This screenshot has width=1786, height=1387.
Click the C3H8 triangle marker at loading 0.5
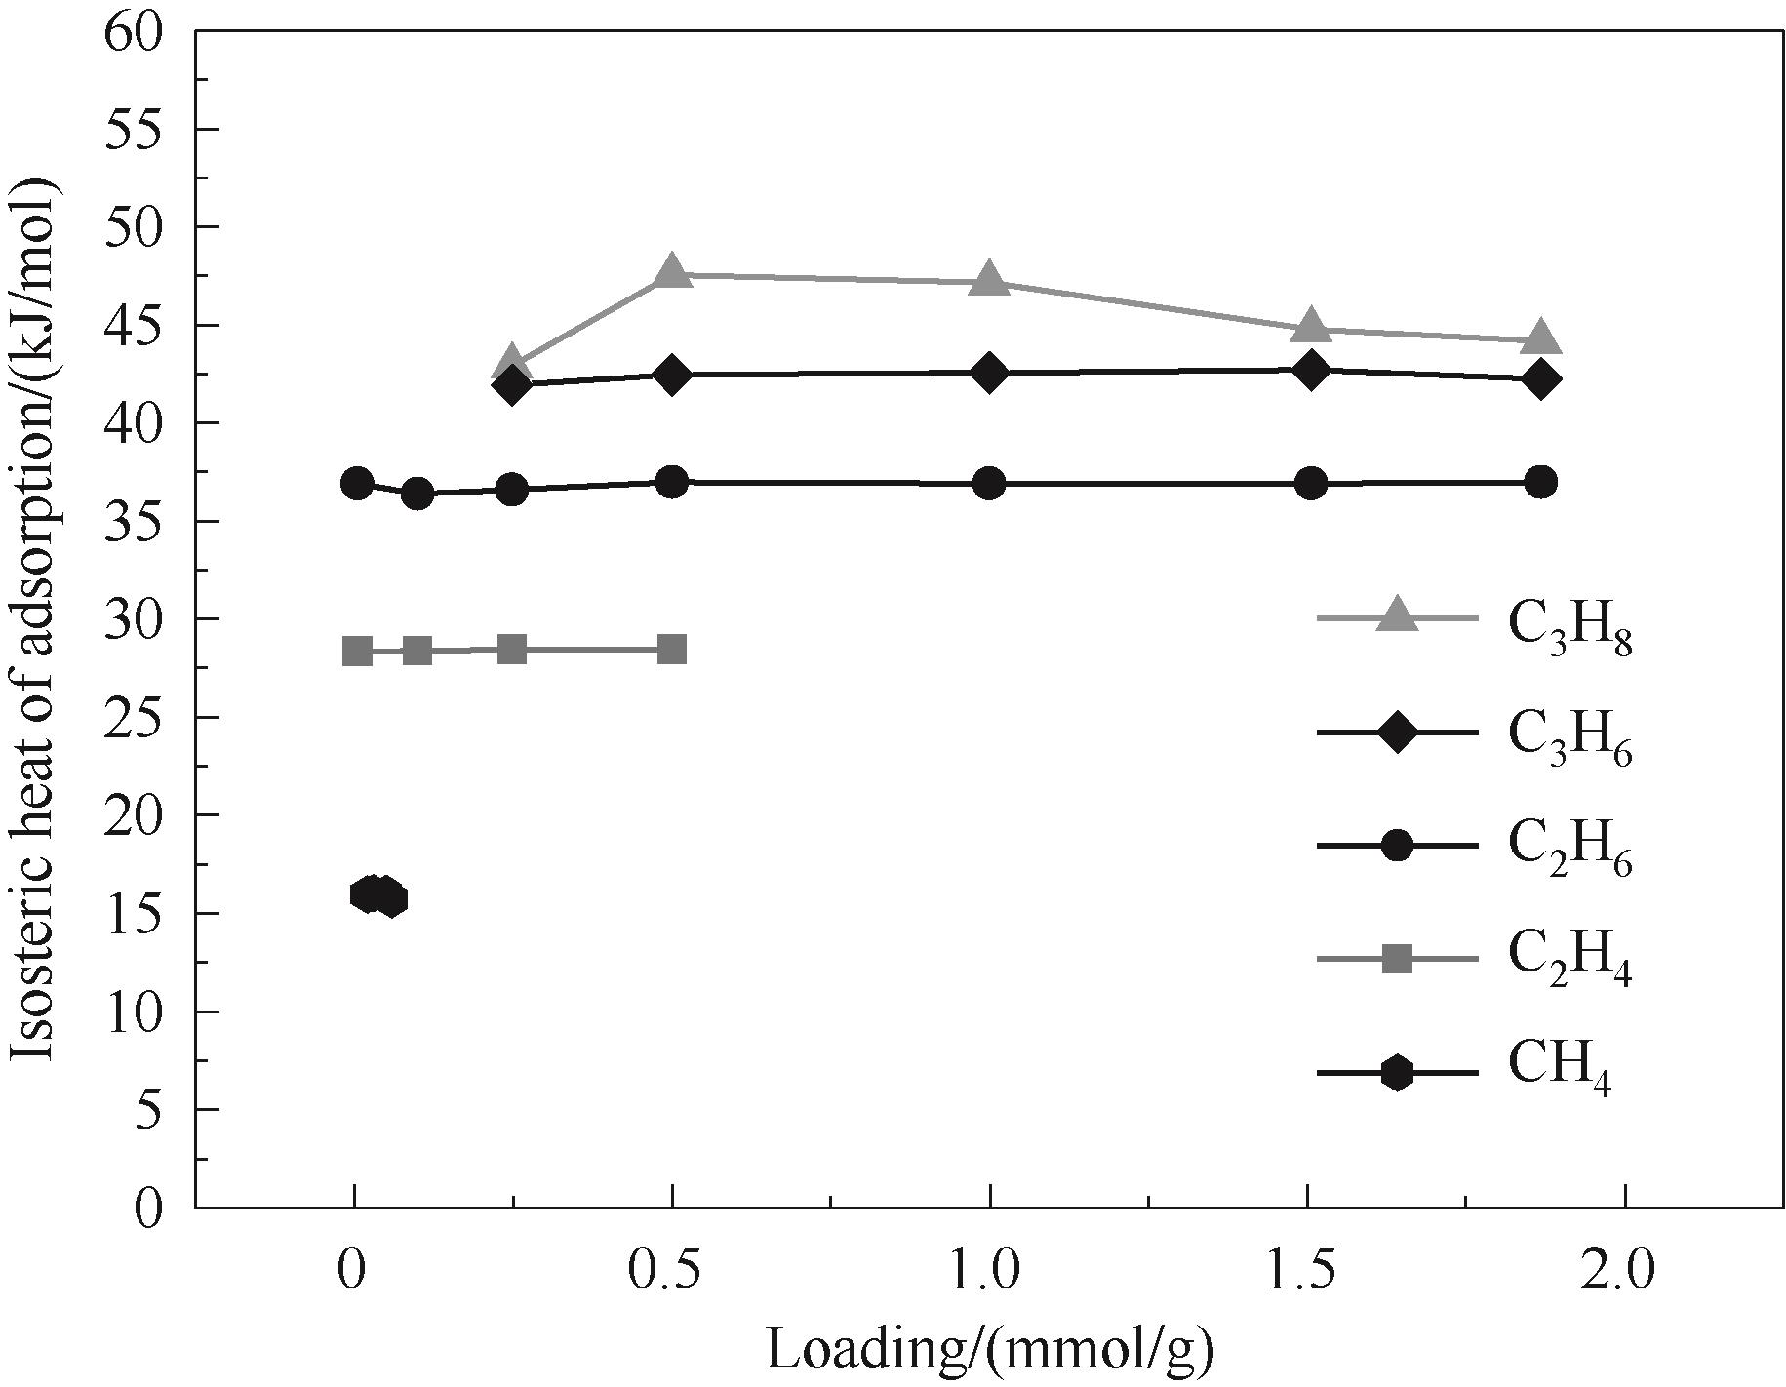click(x=671, y=272)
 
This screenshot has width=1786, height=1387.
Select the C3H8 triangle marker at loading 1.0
click(x=989, y=279)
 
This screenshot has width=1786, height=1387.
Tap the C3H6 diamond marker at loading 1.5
click(x=1311, y=371)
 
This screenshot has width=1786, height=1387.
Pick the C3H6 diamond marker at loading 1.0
click(x=989, y=374)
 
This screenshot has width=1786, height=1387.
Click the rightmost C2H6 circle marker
click(x=1540, y=482)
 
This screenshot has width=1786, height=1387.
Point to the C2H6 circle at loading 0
click(x=357, y=483)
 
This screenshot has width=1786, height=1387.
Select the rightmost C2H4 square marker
click(x=671, y=649)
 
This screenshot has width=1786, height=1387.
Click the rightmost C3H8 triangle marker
click(x=1540, y=337)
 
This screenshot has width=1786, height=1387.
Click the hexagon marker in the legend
click(x=1397, y=1073)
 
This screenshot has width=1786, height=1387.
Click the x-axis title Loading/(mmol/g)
click(x=989, y=1350)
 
